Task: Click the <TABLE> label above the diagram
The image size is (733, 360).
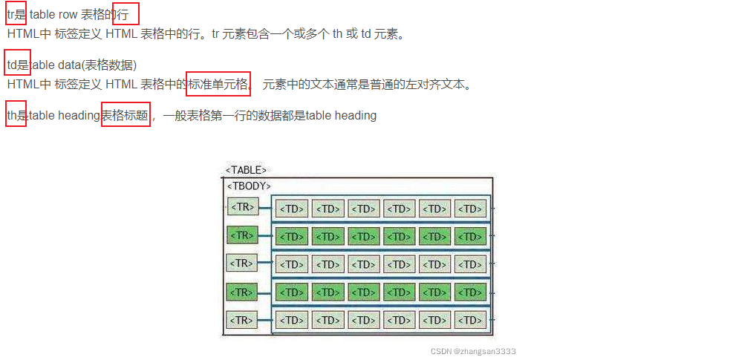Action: click(246, 170)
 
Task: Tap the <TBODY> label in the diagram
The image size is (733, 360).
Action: click(249, 186)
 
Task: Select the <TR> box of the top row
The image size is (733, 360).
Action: click(242, 206)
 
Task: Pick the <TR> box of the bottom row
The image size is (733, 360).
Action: click(242, 320)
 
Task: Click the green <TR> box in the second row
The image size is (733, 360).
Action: click(242, 235)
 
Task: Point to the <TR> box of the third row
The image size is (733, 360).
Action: click(242, 263)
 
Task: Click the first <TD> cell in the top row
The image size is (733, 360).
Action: click(291, 209)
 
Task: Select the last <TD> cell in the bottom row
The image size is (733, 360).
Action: click(471, 321)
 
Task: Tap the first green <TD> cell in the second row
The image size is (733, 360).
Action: click(291, 237)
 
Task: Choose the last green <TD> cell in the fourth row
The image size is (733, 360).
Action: click(471, 292)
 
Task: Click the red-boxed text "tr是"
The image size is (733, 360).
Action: click(16, 14)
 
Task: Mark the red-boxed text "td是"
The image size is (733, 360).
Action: click(17, 65)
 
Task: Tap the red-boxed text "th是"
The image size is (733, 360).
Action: click(16, 115)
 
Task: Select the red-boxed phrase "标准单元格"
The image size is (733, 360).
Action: click(218, 84)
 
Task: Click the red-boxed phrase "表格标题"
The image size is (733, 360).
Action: click(125, 115)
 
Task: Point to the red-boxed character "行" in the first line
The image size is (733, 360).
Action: click(126, 14)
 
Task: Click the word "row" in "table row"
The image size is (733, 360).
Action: click(68, 14)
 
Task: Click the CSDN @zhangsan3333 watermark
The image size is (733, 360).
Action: click(472, 351)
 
